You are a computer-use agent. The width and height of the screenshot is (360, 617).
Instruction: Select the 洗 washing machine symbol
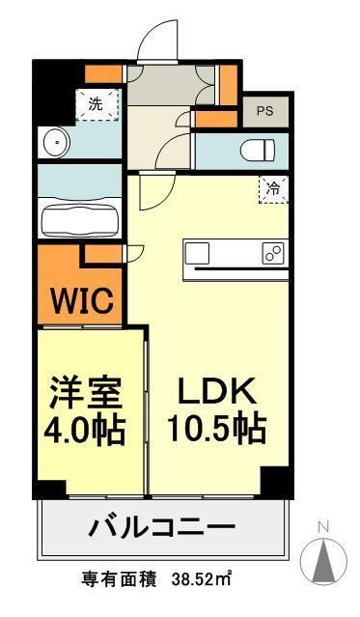pos(97,104)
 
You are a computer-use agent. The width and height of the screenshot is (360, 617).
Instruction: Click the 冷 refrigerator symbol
pos(272,188)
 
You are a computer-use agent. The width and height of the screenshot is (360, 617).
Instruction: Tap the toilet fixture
pos(259,149)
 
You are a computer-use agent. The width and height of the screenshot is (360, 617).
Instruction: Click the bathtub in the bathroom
pos(80,217)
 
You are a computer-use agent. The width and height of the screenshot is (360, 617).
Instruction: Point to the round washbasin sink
pos(55,145)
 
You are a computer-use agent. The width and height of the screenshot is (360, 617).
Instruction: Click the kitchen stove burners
pos(272,253)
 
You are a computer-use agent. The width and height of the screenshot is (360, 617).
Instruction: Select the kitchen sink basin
pos(198,253)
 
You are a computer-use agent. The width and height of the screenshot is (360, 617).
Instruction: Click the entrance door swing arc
pos(152,43)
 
